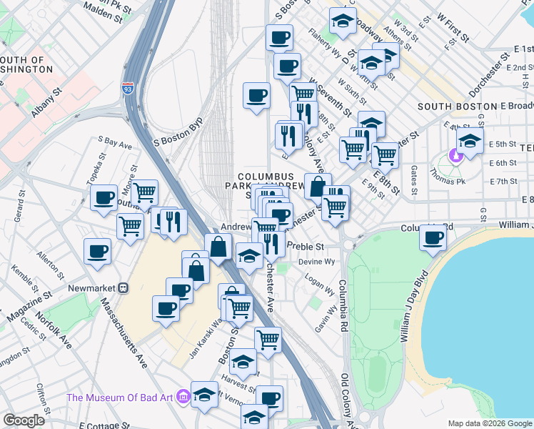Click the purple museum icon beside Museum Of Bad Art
pyautogui.click(x=183, y=396)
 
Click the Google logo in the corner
pyautogui.click(x=24, y=420)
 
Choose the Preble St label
pyautogui.click(x=305, y=246)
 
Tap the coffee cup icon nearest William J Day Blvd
pyautogui.click(x=432, y=237)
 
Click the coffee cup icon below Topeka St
pyautogui.click(x=104, y=197)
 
